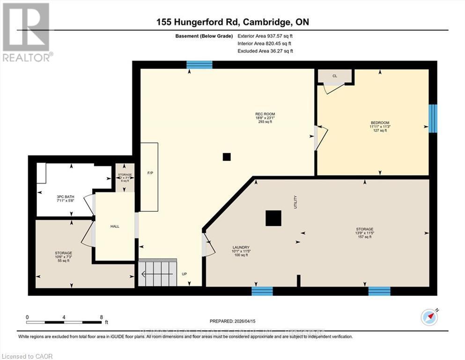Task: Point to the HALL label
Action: click(x=115, y=226)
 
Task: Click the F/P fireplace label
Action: click(x=150, y=173)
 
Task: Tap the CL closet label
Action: click(x=334, y=75)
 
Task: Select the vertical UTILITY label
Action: click(x=295, y=203)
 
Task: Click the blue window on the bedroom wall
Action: click(x=433, y=118)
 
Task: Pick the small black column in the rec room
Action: click(x=227, y=157)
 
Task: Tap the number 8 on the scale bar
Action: click(x=101, y=317)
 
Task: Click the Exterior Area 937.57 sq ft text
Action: click(x=265, y=36)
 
